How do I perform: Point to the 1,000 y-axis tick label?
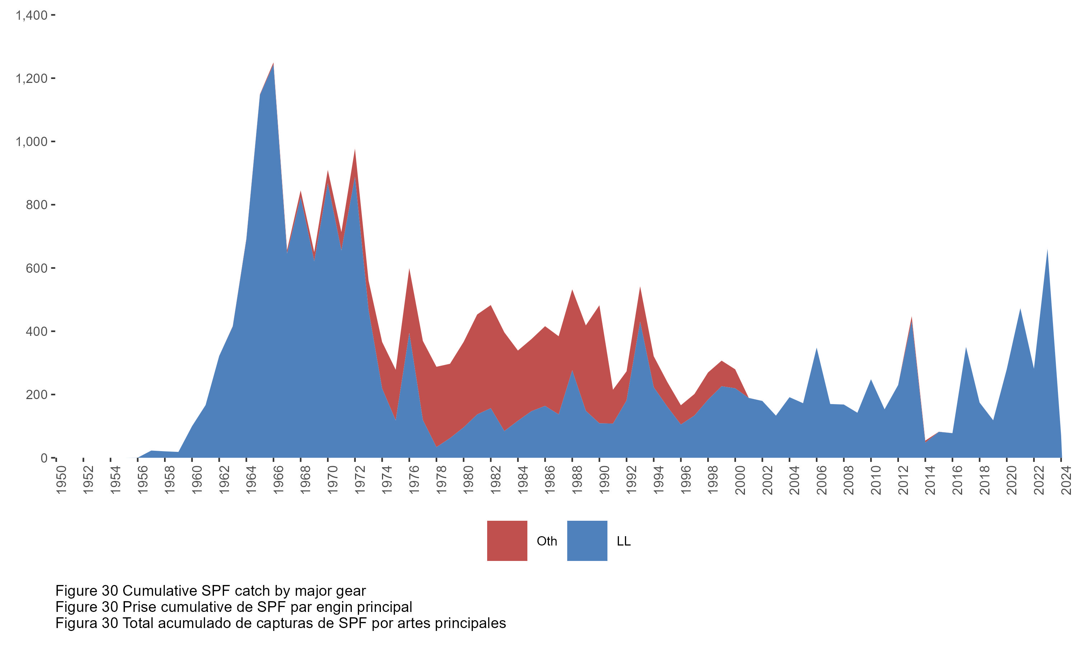pyautogui.click(x=31, y=141)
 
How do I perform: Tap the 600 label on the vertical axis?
pyautogui.click(x=37, y=268)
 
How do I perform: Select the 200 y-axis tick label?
pyautogui.click(x=37, y=394)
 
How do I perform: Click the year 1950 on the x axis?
pyautogui.click(x=61, y=480)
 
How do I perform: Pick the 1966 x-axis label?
pyautogui.click(x=279, y=480)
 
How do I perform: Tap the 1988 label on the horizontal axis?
pyautogui.click(x=577, y=480)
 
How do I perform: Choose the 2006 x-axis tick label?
pyautogui.click(x=822, y=480)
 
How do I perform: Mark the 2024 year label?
pyautogui.click(x=1066, y=480)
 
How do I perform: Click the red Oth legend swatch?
pyautogui.click(x=507, y=540)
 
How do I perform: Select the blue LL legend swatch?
pyautogui.click(x=587, y=540)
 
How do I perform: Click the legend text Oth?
pyautogui.click(x=547, y=541)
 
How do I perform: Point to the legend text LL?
pyautogui.click(x=623, y=541)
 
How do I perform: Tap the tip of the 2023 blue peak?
pyautogui.click(x=1047, y=250)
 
